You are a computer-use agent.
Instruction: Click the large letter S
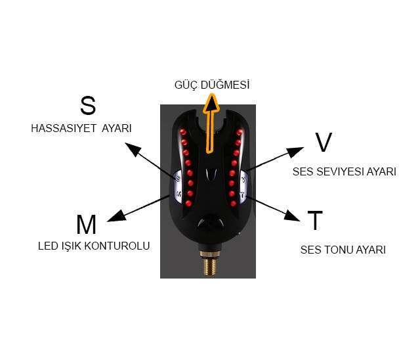point(88,106)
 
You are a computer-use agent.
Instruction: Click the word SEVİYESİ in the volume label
point(341,172)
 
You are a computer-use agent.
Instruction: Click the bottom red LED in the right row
point(232,204)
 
